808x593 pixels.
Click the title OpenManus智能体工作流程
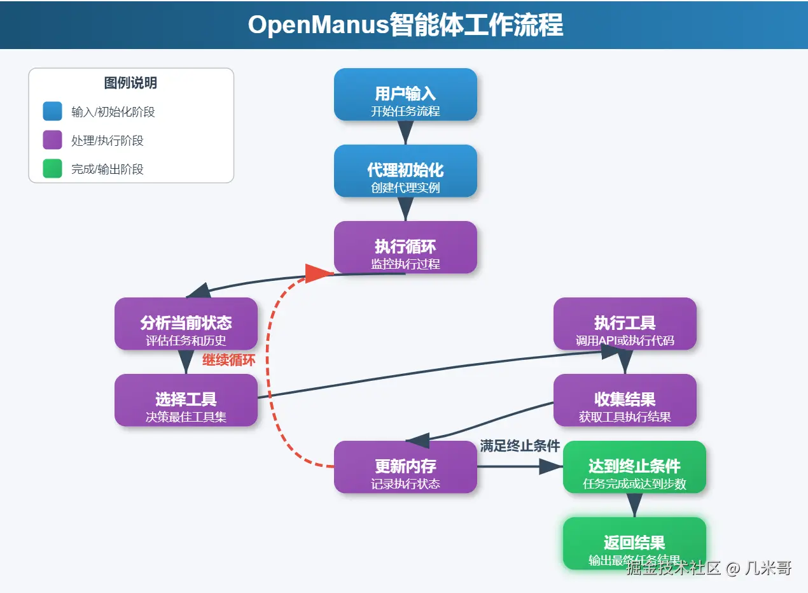pos(405,25)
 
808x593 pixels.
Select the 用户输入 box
pos(405,94)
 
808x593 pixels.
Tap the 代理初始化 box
pos(405,171)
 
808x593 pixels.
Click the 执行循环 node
pos(405,247)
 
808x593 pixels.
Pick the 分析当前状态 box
pos(186,324)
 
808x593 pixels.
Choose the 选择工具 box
pos(186,400)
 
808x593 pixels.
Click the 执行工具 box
pos(625,324)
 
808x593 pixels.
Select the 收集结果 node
pos(625,400)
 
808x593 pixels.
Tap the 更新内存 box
pos(405,467)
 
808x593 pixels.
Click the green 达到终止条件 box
pos(634,467)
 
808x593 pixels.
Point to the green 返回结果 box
pos(634,543)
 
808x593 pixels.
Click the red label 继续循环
pos(229,360)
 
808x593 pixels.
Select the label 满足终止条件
pos(520,446)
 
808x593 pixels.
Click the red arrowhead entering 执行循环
pos(318,273)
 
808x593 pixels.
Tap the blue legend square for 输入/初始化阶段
pos(52,111)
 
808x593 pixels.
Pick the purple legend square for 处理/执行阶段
pos(52,140)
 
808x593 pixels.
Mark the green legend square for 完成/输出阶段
pos(52,169)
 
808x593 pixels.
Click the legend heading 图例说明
pos(130,83)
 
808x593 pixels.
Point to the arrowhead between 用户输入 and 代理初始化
pos(405,132)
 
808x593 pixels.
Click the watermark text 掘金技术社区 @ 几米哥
pos(709,568)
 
